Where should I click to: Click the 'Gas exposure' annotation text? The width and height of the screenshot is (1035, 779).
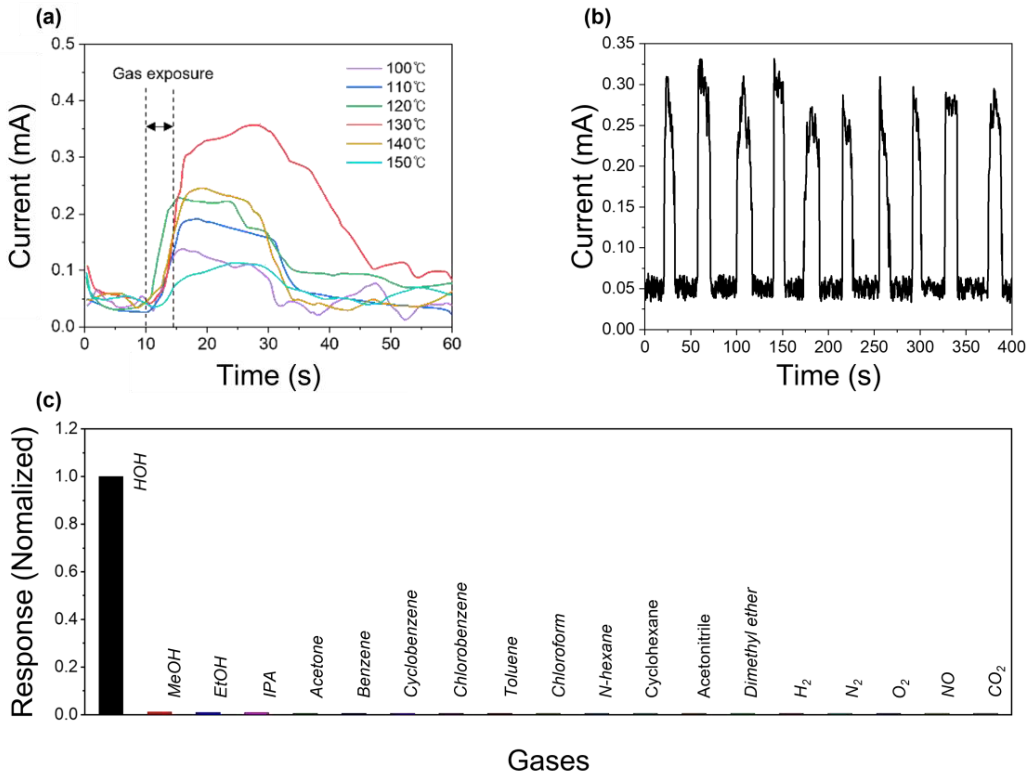point(163,74)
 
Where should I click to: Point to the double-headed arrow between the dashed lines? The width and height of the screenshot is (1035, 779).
point(160,126)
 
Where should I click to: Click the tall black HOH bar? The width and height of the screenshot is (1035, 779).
point(111,595)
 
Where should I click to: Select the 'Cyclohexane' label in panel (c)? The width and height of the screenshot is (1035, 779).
point(652,648)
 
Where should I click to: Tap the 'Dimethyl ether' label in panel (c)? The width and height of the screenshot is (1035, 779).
point(751,642)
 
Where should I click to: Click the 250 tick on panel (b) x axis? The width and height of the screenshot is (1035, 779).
point(874,347)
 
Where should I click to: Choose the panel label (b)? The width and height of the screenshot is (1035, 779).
point(597,18)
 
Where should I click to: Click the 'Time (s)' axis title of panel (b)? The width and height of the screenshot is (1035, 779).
point(828,375)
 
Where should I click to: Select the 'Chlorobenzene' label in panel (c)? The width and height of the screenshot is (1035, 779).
point(461,639)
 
